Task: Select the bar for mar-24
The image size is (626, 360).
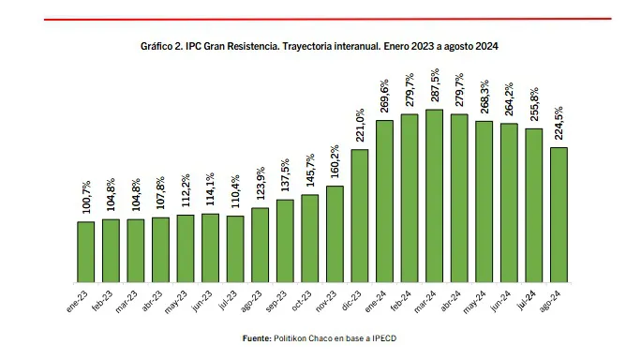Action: click(434, 196)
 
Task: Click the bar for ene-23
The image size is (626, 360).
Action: click(86, 252)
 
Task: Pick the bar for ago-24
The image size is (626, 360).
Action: click(559, 215)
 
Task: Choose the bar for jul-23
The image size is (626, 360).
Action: click(235, 249)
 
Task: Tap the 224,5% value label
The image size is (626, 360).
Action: click(559, 124)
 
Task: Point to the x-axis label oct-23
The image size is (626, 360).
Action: click(303, 301)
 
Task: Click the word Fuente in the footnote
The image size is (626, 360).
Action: click(256, 337)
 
